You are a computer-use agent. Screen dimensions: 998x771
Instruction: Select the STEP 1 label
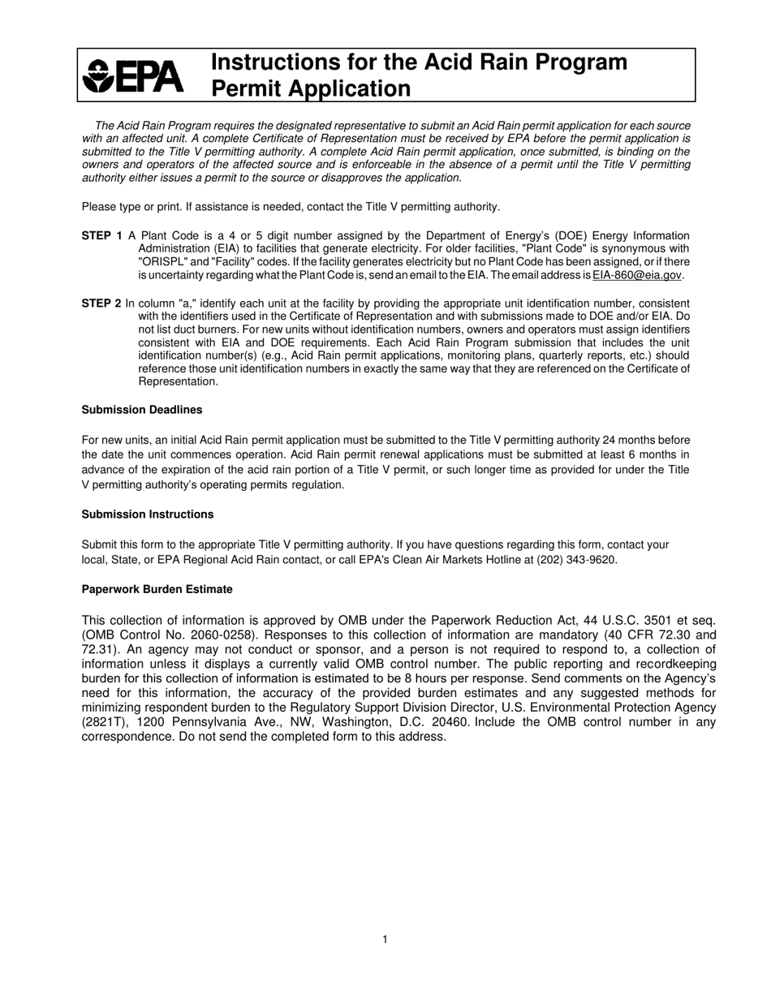pyautogui.click(x=102, y=235)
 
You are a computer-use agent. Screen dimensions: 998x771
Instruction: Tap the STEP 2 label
pyautogui.click(x=101, y=303)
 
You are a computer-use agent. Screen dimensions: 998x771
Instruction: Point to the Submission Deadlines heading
pyautogui.click(x=142, y=410)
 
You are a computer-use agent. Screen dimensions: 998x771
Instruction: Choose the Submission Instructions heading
pyautogui.click(x=148, y=514)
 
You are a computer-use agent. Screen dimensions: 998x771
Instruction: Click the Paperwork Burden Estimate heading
pyautogui.click(x=157, y=589)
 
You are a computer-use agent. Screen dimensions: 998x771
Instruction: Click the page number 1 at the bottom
pyautogui.click(x=385, y=940)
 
